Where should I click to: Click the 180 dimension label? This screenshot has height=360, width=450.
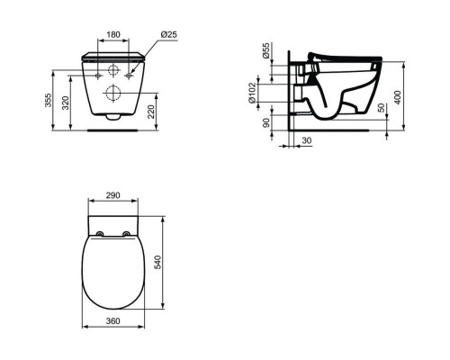coord(113,34)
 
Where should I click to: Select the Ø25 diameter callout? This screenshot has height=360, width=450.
coord(169,34)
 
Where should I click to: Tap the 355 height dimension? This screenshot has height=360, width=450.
coord(48,100)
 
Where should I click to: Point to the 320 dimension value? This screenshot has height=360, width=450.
coord(66,103)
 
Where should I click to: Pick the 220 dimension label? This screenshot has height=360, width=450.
coord(152,112)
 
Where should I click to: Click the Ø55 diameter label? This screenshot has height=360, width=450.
coord(265,50)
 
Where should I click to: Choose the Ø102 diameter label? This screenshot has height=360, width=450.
coord(253,93)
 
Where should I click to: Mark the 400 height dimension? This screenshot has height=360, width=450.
coord(398,97)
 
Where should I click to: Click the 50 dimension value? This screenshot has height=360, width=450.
coord(381,108)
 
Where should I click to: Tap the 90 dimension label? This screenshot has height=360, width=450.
coord(266,122)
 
